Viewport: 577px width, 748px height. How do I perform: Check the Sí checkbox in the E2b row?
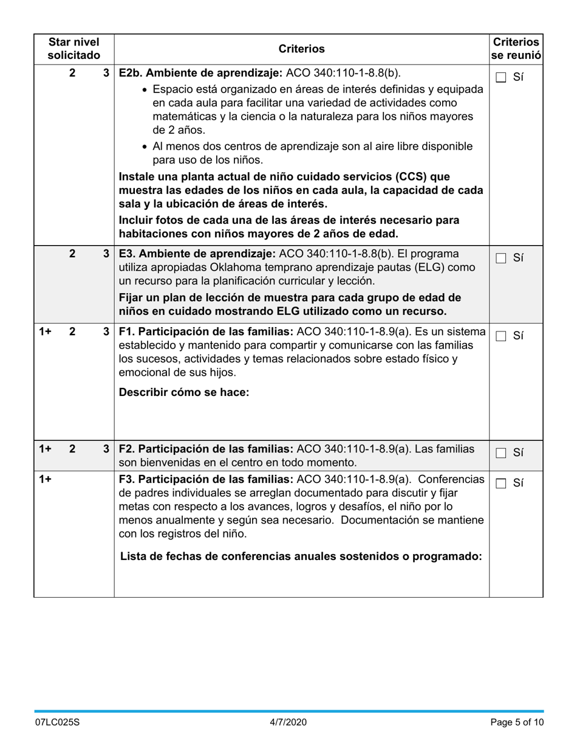[501, 77]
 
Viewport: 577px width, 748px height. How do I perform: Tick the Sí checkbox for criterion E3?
[501, 258]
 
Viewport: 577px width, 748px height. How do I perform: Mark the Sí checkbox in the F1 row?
[501, 336]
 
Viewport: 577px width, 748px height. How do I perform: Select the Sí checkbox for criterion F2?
[501, 453]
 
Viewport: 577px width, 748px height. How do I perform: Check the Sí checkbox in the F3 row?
[501, 483]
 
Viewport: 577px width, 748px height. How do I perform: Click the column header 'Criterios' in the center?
[301, 49]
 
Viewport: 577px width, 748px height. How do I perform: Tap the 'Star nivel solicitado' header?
[73, 49]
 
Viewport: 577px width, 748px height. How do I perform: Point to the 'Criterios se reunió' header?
[516, 49]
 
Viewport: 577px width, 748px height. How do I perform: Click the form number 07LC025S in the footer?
[57, 722]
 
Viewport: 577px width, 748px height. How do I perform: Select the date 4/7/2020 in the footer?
[288, 722]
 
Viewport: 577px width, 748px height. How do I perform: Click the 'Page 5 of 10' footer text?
[517, 722]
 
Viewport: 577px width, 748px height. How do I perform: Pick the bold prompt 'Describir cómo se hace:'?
[184, 392]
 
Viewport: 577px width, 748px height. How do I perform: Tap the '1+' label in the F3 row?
[45, 479]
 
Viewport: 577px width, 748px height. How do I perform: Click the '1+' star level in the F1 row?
[45, 331]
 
